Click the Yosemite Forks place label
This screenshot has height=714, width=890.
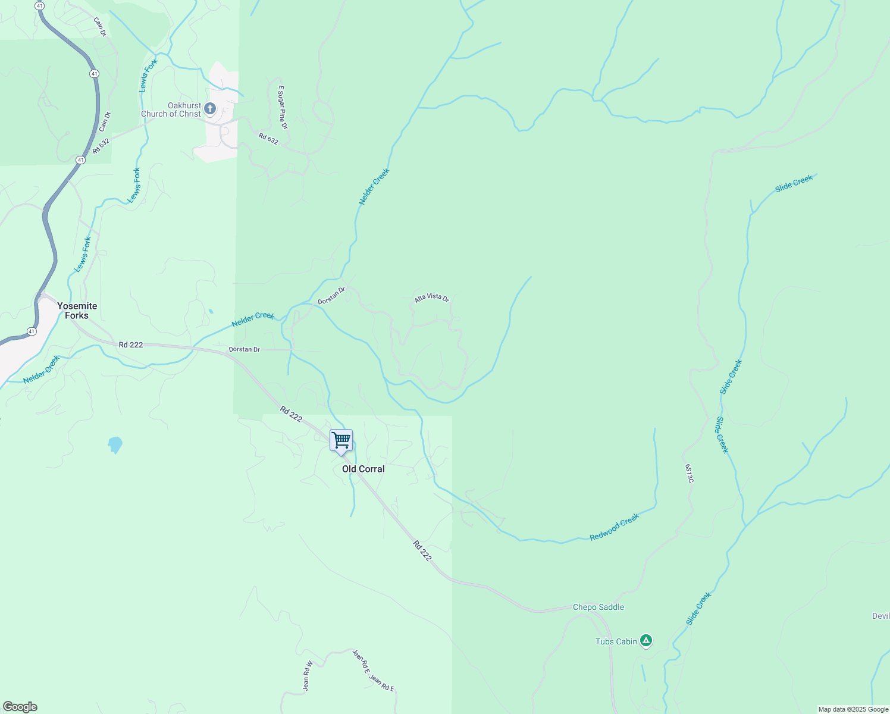(77, 311)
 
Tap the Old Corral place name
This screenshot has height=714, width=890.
(363, 469)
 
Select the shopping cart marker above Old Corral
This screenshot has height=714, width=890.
(341, 441)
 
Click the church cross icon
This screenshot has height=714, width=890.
(209, 108)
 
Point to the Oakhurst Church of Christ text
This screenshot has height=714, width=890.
(171, 109)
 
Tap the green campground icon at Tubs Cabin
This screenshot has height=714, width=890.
(646, 641)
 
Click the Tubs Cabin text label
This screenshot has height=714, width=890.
(616, 641)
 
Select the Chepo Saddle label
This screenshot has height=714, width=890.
(598, 607)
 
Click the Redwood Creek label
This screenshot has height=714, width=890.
(614, 527)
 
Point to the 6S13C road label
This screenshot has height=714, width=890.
(689, 474)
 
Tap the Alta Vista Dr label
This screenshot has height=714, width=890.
(431, 298)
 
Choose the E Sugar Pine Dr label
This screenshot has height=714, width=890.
(283, 107)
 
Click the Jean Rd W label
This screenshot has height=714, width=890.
(307, 676)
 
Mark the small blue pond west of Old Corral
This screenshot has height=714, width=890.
(115, 444)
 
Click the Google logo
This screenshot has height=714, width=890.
(20, 707)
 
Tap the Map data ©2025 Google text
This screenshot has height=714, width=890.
(853, 709)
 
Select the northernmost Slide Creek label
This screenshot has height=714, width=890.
(794, 183)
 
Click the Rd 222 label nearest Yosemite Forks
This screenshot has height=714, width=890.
(130, 345)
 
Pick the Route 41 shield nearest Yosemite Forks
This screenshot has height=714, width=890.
(32, 331)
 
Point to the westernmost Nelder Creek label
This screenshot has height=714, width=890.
(42, 369)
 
